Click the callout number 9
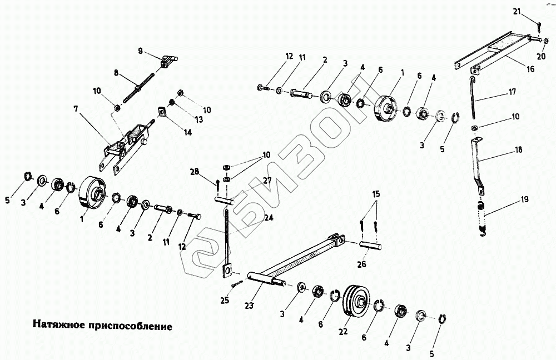pyautogui.click(x=141, y=51)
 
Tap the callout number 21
pyautogui.click(x=516, y=11)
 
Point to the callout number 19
pyautogui.click(x=525, y=199)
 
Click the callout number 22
pyautogui.click(x=343, y=331)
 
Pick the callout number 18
pyautogui.click(x=518, y=149)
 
